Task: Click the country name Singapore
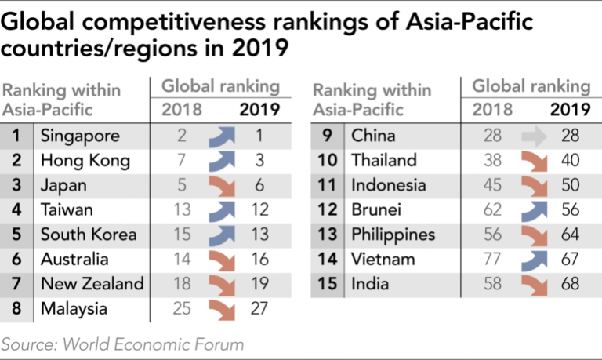click(x=80, y=136)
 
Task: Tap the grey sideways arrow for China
click(x=535, y=136)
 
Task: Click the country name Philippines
click(x=393, y=235)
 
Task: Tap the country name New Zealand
click(x=92, y=284)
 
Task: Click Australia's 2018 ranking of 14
click(x=182, y=259)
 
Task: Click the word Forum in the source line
click(x=219, y=344)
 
